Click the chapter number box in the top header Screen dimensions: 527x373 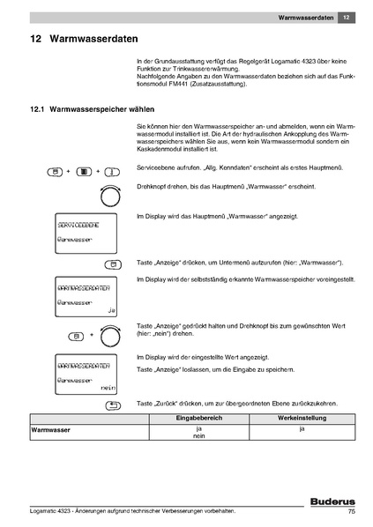point(347,17)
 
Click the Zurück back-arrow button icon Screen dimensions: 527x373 point(112,405)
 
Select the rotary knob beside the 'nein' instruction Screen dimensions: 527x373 point(111,336)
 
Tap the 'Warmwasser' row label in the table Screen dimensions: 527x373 point(51,430)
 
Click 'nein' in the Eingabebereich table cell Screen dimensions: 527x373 point(198,436)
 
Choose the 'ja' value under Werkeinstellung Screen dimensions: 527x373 point(302,429)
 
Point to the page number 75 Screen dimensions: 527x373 point(351,512)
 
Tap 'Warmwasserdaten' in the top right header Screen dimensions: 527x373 point(305,17)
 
